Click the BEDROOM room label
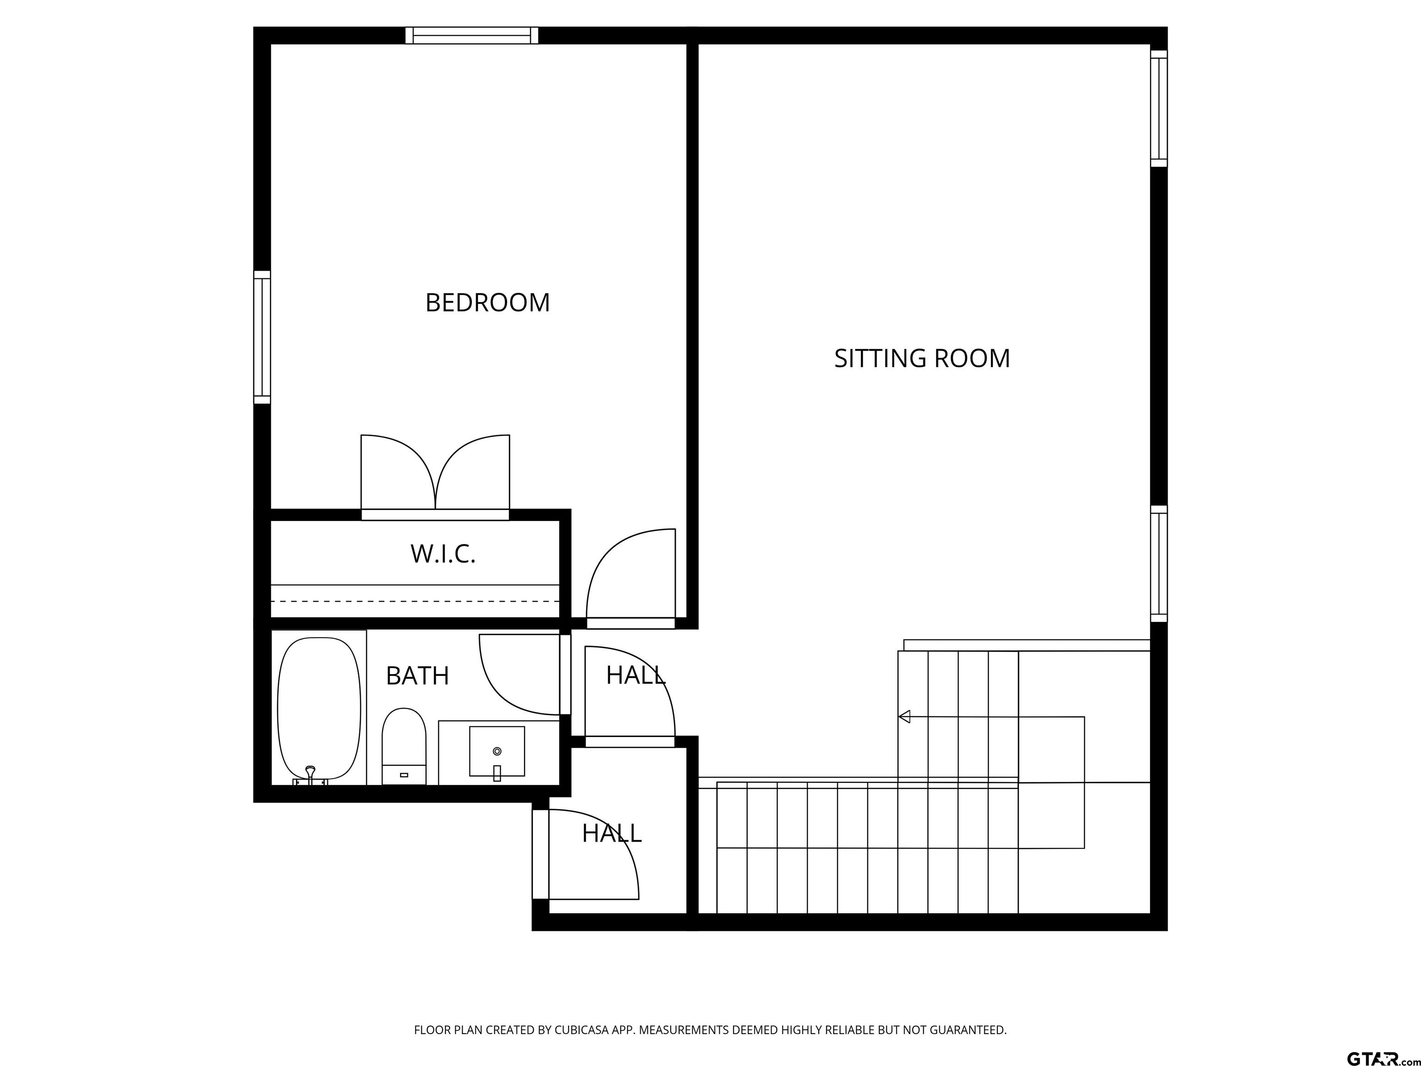tap(488, 303)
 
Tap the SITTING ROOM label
tap(922, 359)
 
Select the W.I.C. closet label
tap(443, 554)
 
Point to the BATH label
tap(418, 676)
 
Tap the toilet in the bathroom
tap(404, 746)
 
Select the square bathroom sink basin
tap(497, 751)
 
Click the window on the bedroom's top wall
tap(471, 35)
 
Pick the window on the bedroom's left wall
tap(262, 337)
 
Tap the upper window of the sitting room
tap(1158, 109)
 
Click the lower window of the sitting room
tap(1158, 564)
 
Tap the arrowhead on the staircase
tap(904, 716)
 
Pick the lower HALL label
tap(612, 833)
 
